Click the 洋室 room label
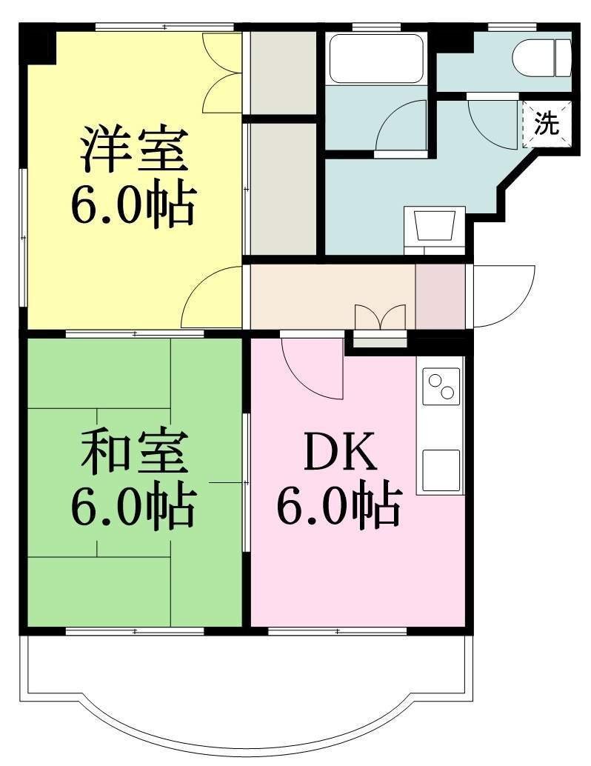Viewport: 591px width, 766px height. [x=134, y=149]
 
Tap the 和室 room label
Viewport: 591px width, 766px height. [x=134, y=452]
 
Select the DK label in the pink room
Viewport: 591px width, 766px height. [x=341, y=452]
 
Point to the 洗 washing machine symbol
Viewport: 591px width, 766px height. [x=547, y=124]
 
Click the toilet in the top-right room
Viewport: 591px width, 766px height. [x=541, y=58]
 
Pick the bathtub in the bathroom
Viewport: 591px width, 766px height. [x=375, y=58]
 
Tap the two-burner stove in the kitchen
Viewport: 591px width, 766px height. [x=441, y=387]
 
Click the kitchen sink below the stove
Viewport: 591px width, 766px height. [x=441, y=470]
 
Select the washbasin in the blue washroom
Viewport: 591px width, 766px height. [x=435, y=226]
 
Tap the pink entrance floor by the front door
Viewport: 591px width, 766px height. [x=440, y=296]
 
